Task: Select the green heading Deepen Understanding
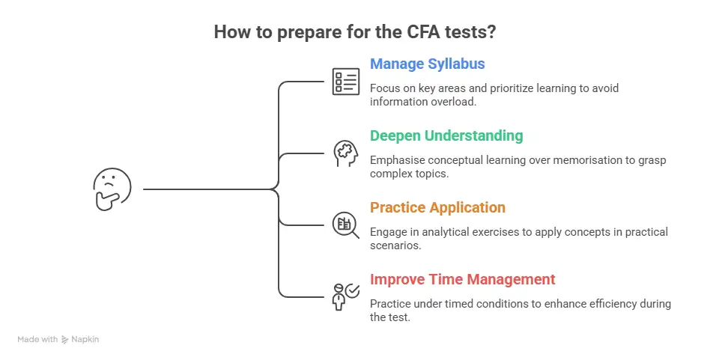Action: tap(446, 135)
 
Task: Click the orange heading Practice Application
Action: tap(437, 207)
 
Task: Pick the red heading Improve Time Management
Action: tap(463, 279)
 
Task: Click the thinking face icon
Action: tap(112, 189)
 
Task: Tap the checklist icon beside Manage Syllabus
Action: tap(346, 81)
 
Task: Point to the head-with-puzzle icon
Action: tap(346, 153)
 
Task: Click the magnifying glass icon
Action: tap(346, 224)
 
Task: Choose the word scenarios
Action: tap(395, 245)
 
